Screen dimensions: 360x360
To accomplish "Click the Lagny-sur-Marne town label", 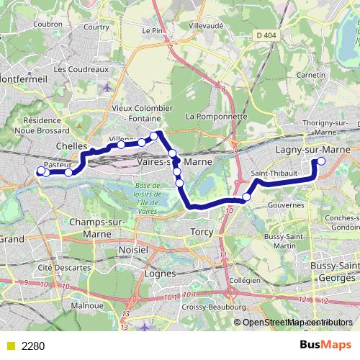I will (x=312, y=149).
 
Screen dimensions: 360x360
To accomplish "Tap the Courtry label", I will (x=96, y=27).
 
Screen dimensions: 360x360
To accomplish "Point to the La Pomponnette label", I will (x=216, y=116).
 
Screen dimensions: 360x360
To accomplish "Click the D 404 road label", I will (x=265, y=35).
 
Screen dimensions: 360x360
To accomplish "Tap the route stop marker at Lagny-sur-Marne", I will (x=321, y=161).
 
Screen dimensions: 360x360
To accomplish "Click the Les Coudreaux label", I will (x=81, y=69).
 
